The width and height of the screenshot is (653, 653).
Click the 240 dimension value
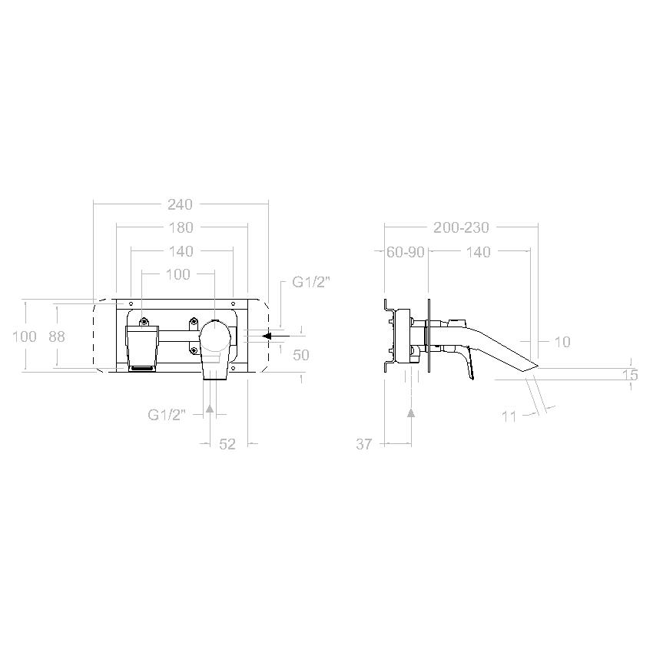180,204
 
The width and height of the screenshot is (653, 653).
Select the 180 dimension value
181,228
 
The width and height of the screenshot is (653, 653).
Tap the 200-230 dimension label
461,228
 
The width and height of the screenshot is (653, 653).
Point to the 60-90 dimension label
405,252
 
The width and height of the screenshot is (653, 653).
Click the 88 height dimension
57,336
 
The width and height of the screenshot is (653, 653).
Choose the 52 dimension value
227,444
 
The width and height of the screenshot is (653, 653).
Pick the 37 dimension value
363,444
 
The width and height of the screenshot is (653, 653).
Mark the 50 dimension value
300,355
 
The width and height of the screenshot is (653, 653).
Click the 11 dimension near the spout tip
509,416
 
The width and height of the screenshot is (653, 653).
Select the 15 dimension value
630,375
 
